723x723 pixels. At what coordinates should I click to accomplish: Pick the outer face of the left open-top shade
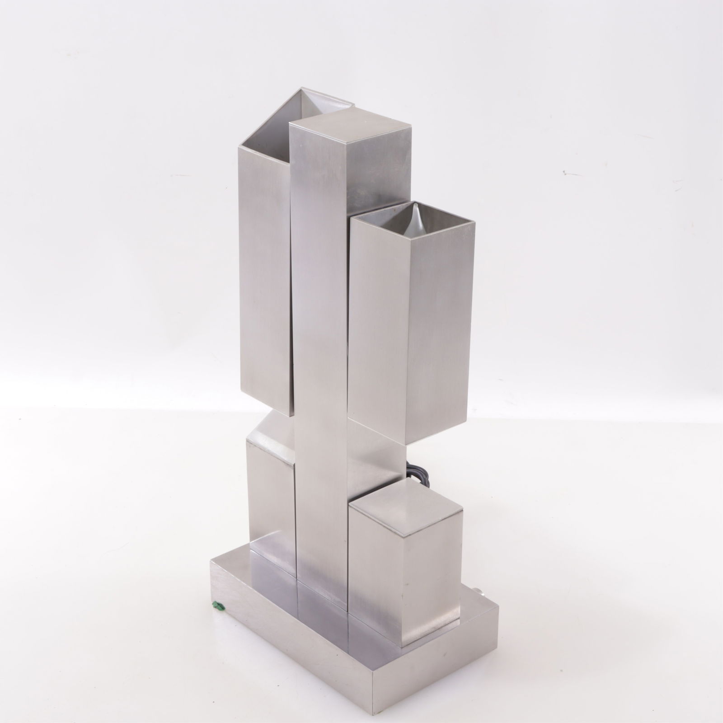264,271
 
